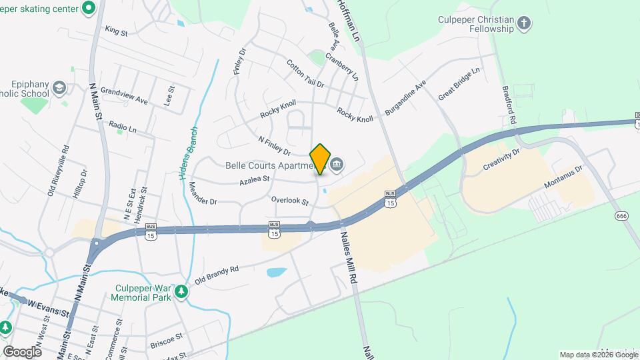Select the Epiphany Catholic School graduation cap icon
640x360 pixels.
[59, 88]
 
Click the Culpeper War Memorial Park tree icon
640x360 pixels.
[180, 291]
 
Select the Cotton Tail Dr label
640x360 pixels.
[305, 74]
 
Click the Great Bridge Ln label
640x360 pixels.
[459, 84]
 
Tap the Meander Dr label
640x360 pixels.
[203, 193]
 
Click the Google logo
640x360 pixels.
[22, 351]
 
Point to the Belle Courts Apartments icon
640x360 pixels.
[338, 164]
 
